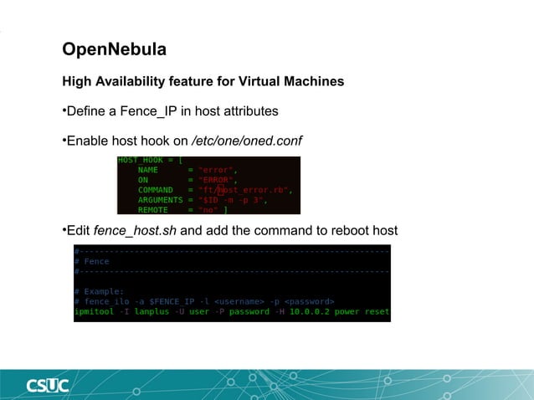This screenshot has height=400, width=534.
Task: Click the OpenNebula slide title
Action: coord(114,50)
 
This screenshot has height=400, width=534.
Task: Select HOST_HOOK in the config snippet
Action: coord(141,159)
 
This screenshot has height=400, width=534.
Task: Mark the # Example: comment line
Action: coord(99,291)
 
